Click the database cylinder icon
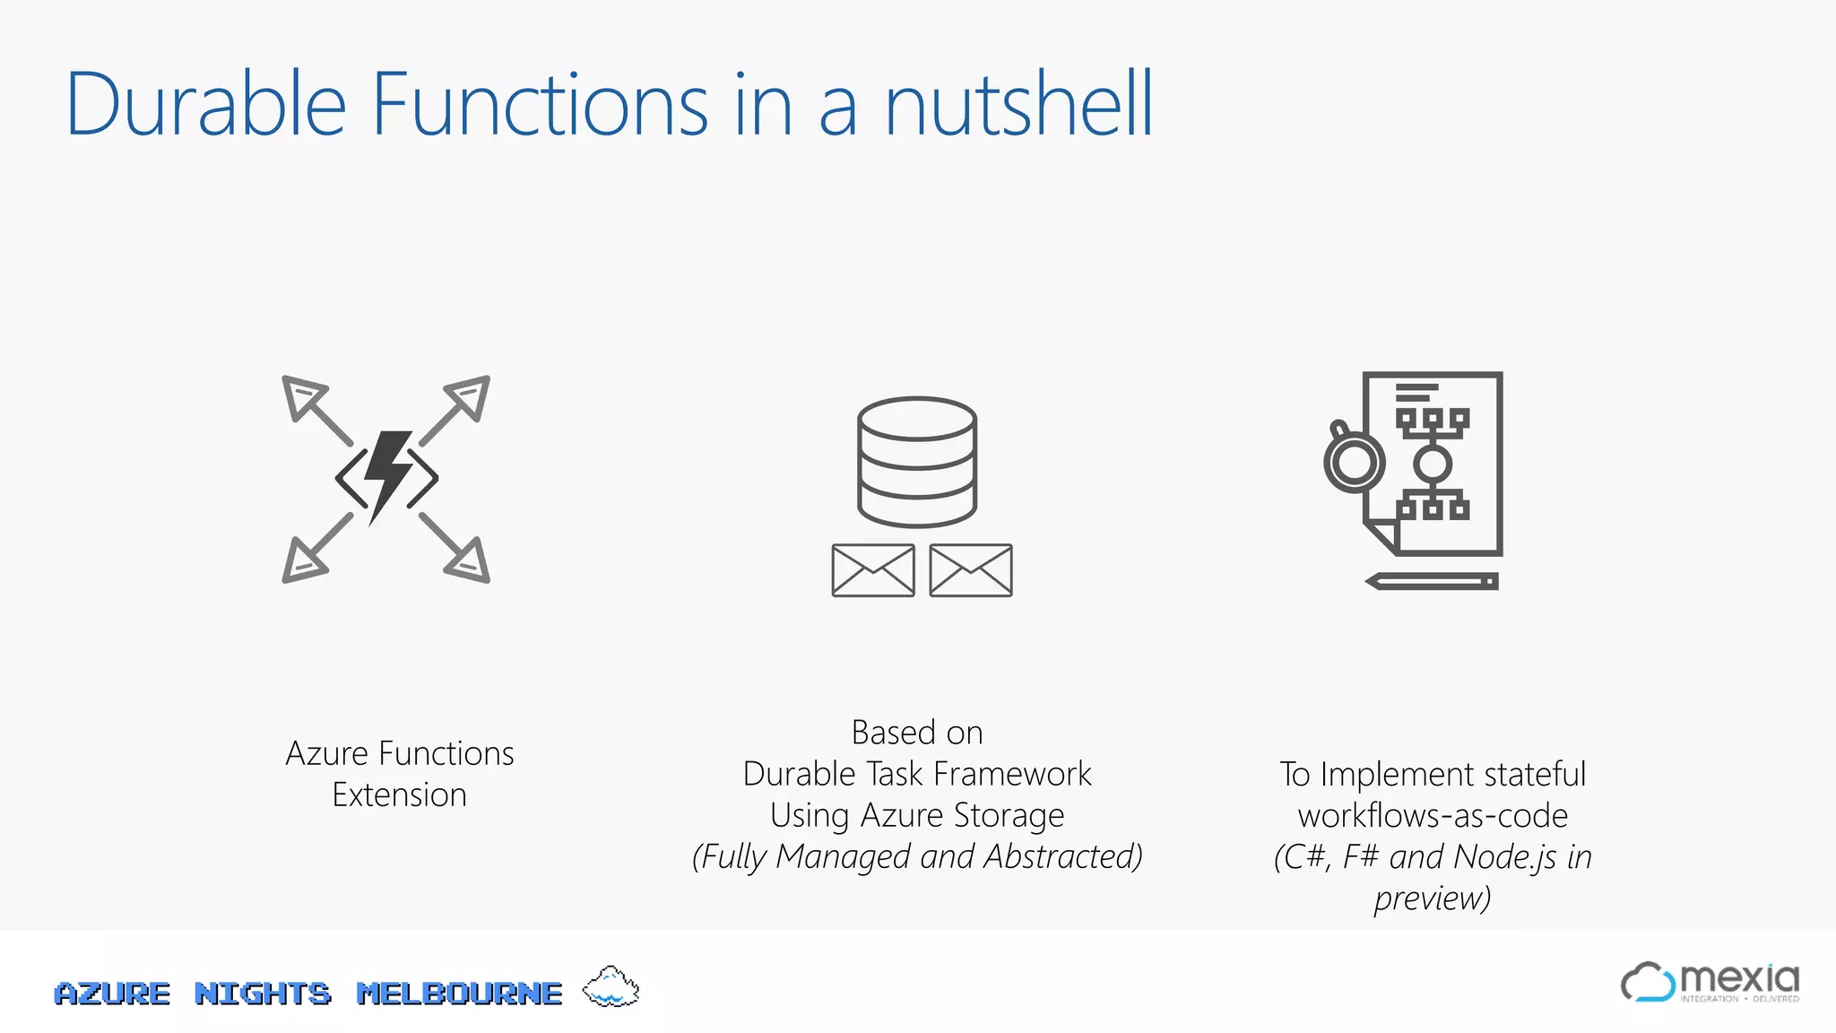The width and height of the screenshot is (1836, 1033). click(x=916, y=461)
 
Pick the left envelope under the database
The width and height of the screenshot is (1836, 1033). click(x=873, y=570)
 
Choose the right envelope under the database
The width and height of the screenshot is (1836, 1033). click(x=971, y=570)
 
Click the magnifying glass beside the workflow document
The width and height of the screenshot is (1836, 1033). click(x=1353, y=461)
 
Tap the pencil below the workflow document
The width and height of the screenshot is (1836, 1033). click(x=1432, y=581)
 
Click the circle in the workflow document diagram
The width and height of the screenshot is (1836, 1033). click(x=1432, y=464)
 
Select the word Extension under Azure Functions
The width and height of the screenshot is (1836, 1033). click(x=400, y=795)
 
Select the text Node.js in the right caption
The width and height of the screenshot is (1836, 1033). click(x=1505, y=857)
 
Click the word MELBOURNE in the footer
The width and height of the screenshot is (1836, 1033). click(x=459, y=994)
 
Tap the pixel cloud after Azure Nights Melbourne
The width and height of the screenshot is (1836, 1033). click(x=611, y=987)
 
